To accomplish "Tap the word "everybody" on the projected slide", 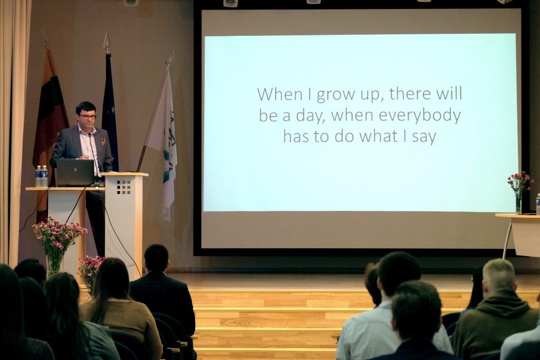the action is [420, 115].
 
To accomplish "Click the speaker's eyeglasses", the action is [88, 116].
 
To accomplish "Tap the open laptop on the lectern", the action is [75, 172].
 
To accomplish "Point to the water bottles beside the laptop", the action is [42, 176].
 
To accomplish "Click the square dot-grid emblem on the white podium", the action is [123, 187].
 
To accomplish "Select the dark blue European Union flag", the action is [110, 113].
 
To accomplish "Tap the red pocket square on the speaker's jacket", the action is [103, 141].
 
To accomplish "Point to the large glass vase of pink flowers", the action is [55, 265].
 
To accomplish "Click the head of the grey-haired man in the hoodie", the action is [498, 276].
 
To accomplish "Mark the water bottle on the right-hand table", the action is [538, 204].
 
